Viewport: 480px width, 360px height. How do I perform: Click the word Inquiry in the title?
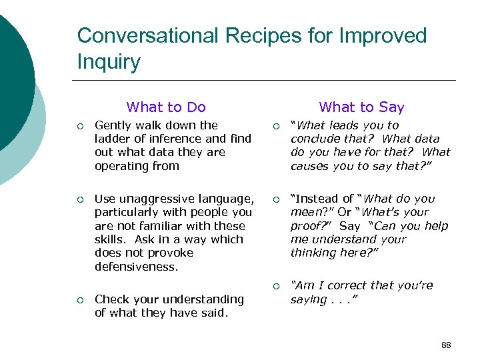[x=109, y=62]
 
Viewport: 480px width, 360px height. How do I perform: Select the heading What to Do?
[x=166, y=107]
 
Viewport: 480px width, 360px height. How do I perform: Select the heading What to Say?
[x=361, y=107]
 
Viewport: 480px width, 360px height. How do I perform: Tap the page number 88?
[x=446, y=345]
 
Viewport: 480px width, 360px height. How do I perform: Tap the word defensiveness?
[x=137, y=267]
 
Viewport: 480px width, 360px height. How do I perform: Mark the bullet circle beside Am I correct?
[x=276, y=286]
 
